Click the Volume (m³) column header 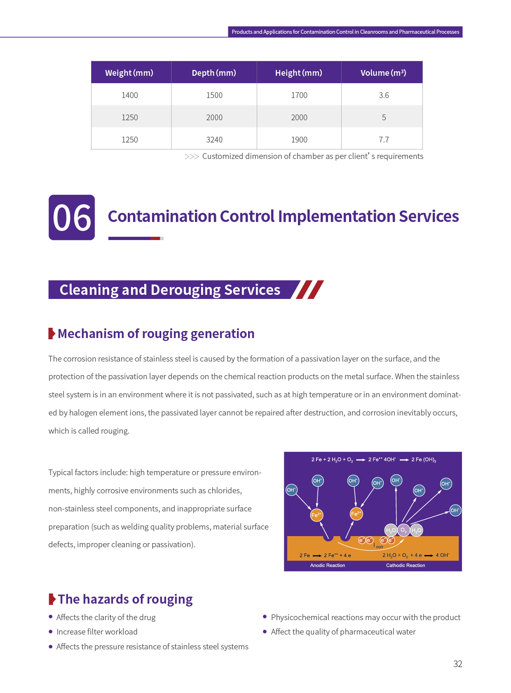point(383,73)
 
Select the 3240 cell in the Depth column point(214,140)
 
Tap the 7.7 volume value point(384,140)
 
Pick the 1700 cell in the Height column point(299,95)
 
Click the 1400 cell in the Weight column point(129,95)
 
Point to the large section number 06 point(72,217)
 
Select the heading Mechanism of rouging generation point(156,334)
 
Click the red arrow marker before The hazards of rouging point(52,599)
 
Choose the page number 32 point(457,664)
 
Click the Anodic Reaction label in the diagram point(328,565)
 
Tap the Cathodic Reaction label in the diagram point(406,565)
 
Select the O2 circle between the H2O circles point(403,530)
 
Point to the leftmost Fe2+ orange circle point(316,515)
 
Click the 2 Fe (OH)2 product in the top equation point(424,460)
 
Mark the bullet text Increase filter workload point(97,632)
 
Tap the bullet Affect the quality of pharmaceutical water point(343,632)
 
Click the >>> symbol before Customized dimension point(192,156)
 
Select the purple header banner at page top point(345,32)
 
